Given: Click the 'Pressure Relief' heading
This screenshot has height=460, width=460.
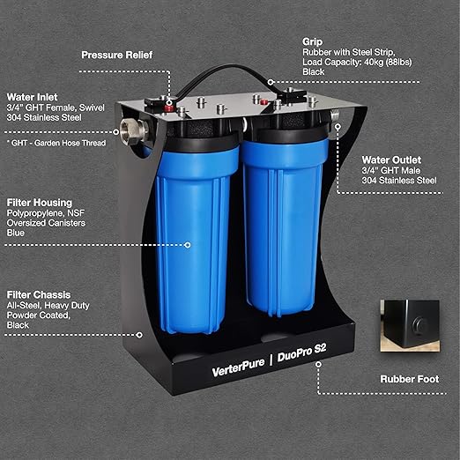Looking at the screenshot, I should pos(116,55).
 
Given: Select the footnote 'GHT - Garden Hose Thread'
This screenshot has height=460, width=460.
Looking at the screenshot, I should pos(56,142).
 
